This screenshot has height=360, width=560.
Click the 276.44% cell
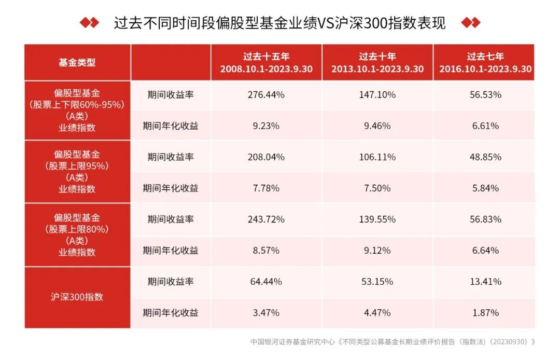[267, 95]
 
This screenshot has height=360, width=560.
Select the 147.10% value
[377, 95]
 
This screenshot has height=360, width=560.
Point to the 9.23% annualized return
[267, 126]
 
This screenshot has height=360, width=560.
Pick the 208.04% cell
[267, 157]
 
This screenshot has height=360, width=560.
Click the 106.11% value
[377, 157]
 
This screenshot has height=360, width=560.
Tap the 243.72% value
[267, 219]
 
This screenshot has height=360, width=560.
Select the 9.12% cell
[377, 251]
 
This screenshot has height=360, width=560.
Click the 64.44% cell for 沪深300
[267, 282]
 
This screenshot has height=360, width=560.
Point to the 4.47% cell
[377, 313]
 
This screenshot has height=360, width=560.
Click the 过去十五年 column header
[267, 62]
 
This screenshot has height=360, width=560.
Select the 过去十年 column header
[377, 62]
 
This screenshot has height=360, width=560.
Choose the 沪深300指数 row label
[77, 297]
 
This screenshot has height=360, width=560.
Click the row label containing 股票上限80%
[77, 234]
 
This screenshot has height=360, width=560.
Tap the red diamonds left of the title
[89, 23]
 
